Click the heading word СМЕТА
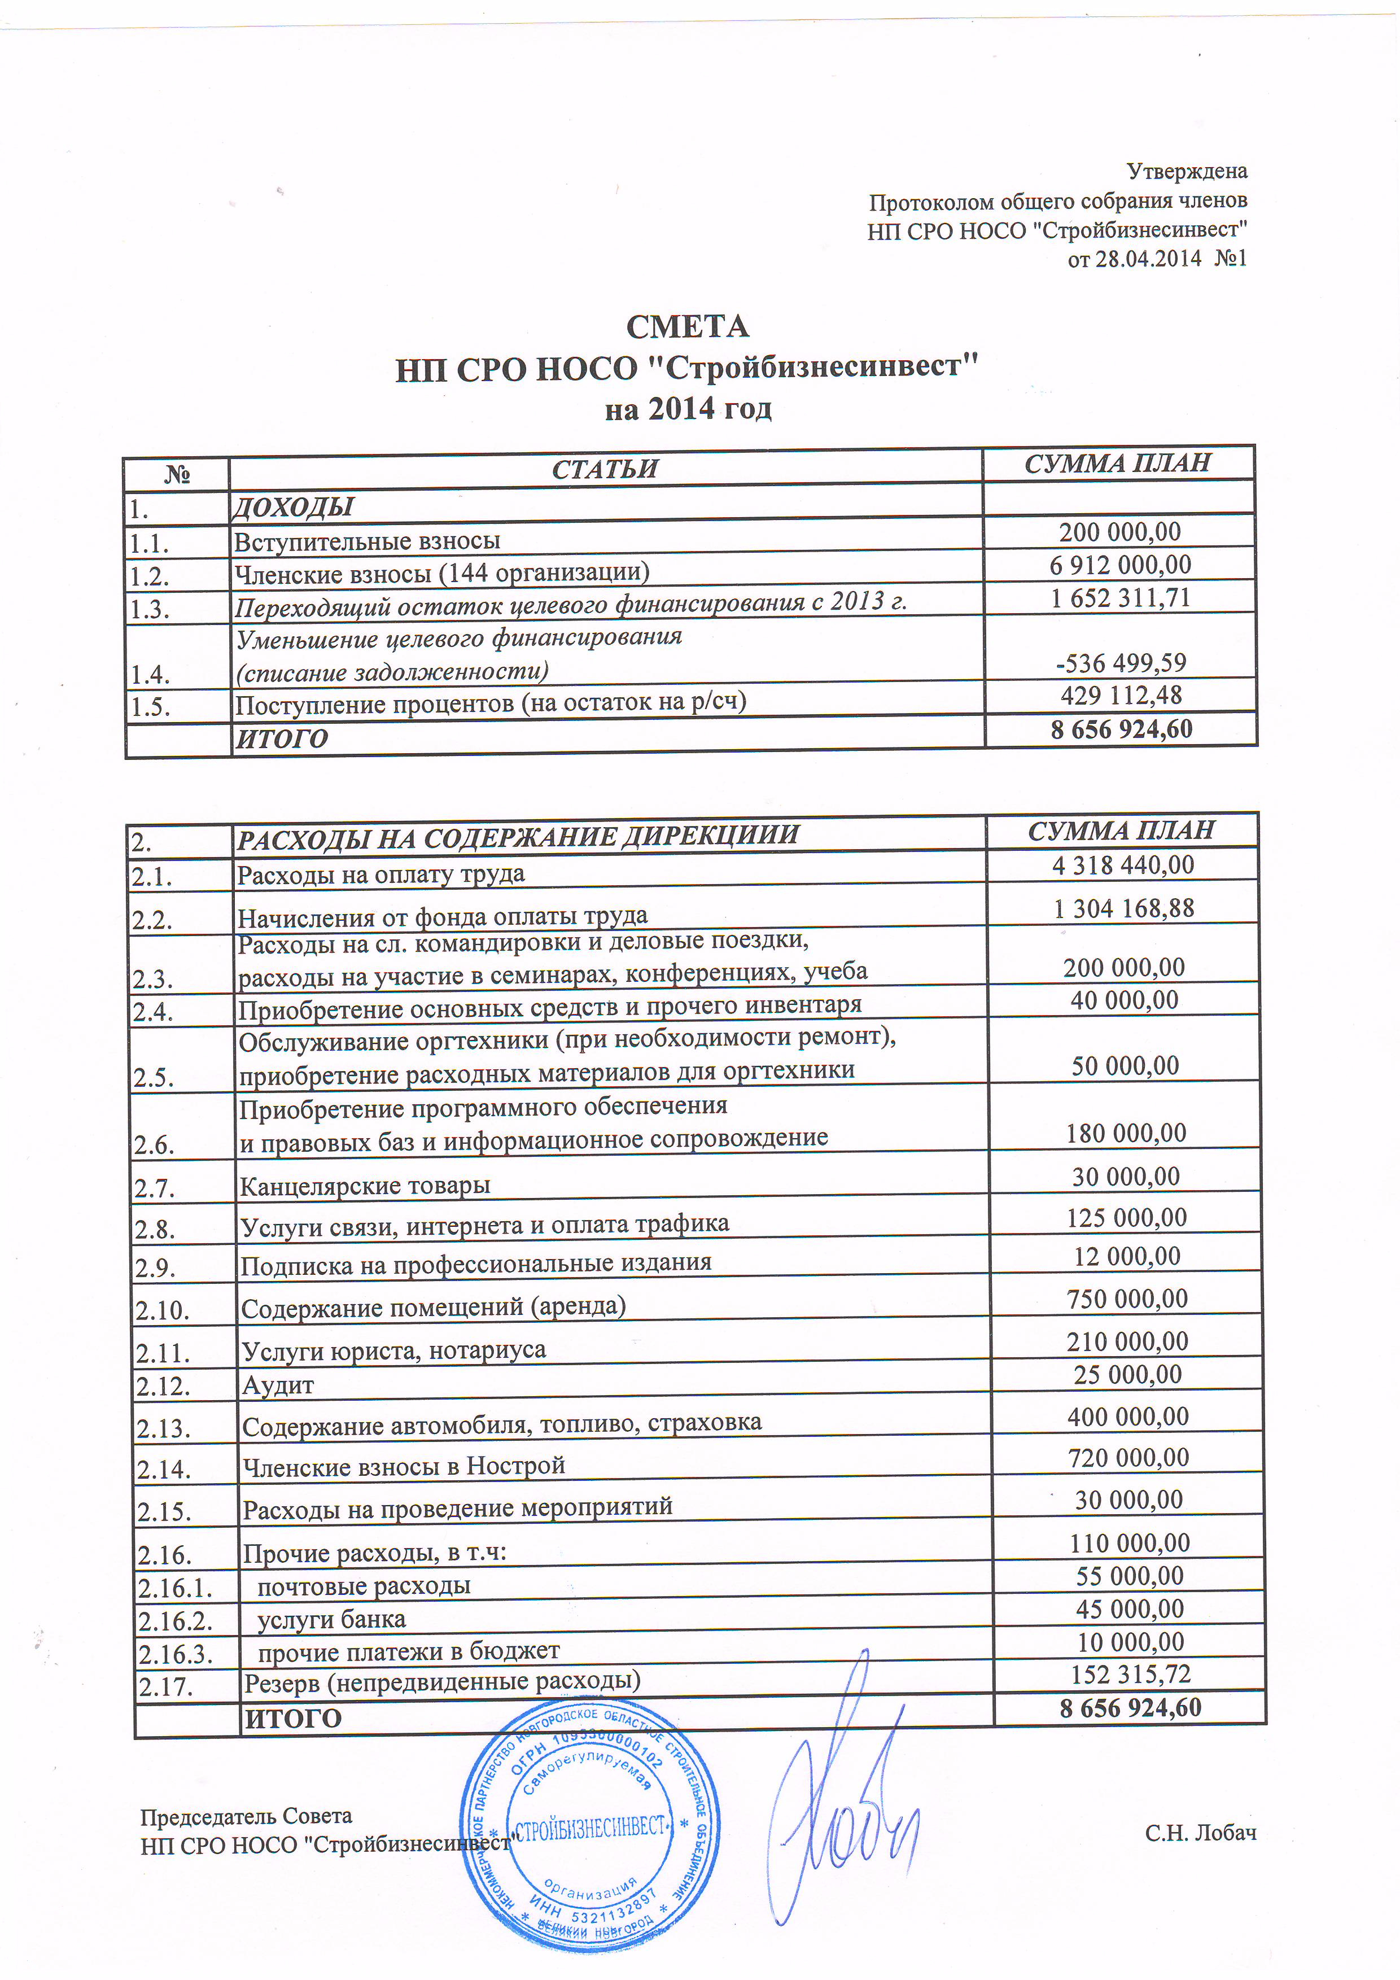pos(687,327)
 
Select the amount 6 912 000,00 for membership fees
pos(1120,566)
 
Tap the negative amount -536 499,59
pos(1121,663)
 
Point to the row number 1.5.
pos(150,707)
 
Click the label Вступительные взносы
pos(368,541)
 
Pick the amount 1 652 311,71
pos(1120,598)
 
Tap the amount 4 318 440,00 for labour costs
pos(1122,865)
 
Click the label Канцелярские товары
pos(365,1187)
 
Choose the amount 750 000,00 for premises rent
pos(1127,1299)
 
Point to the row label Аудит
pos(278,1386)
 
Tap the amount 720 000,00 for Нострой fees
pos(1127,1457)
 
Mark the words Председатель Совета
pos(247,1817)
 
